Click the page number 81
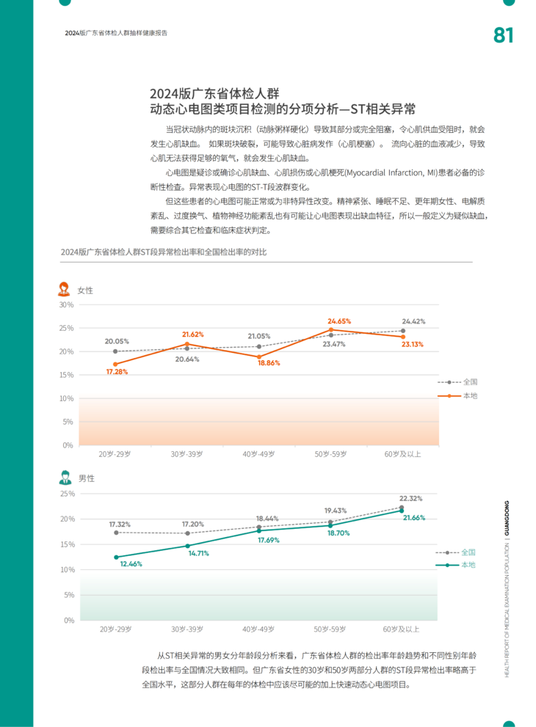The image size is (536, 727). coord(503,35)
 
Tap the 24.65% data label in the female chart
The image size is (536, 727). coord(339,321)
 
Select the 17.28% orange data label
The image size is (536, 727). coord(117,372)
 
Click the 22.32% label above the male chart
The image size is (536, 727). coord(411,498)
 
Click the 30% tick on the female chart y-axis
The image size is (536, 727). coord(66,304)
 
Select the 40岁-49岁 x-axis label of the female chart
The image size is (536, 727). coord(258,455)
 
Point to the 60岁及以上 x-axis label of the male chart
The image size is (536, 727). coord(401,629)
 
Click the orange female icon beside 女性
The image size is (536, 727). coord(65,289)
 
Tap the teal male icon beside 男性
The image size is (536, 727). coord(65,478)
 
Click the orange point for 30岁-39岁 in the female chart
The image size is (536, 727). coord(187,343)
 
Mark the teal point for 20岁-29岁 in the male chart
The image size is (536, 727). coord(116,557)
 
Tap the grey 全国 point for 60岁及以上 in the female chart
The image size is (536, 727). coord(402,331)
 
